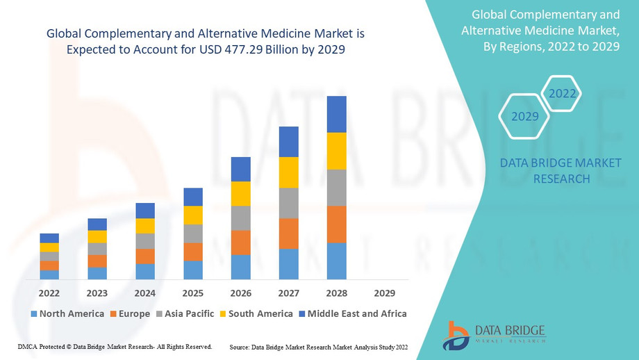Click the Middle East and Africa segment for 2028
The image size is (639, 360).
(336, 114)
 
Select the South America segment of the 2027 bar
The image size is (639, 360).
(288, 172)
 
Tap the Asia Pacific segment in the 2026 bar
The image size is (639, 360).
(240, 218)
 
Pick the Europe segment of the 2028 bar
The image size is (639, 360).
(336, 224)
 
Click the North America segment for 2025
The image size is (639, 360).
(192, 270)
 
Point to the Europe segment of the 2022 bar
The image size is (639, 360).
(49, 265)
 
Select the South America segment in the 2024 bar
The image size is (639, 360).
(144, 226)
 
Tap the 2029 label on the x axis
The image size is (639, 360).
(384, 293)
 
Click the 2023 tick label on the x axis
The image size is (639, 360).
(97, 293)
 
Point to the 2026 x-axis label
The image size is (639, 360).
(240, 293)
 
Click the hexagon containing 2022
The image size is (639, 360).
(562, 93)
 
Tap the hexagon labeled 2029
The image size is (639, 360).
(525, 116)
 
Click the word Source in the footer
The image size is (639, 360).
(240, 346)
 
